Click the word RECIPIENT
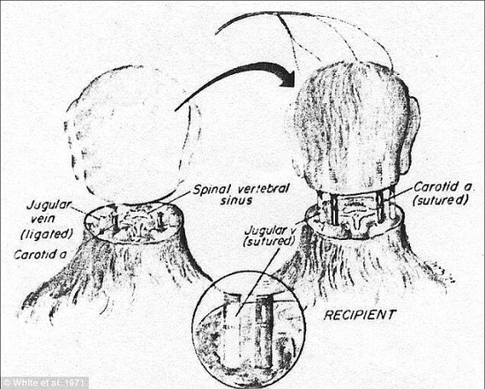click(x=360, y=315)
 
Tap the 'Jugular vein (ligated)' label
click(x=47, y=220)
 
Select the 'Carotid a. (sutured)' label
click(x=440, y=194)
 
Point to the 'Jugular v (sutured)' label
click(x=269, y=236)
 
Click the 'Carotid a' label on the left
click(x=41, y=255)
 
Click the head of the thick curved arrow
click(x=287, y=77)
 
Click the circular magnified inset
click(x=249, y=329)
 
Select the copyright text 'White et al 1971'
click(x=44, y=383)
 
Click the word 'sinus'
click(x=236, y=200)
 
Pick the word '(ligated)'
click(x=47, y=234)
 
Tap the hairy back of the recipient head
click(x=348, y=123)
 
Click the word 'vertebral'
click(x=264, y=189)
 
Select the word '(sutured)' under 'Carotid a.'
click(x=440, y=200)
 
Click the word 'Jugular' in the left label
click(x=48, y=206)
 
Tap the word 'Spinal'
click(x=213, y=190)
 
